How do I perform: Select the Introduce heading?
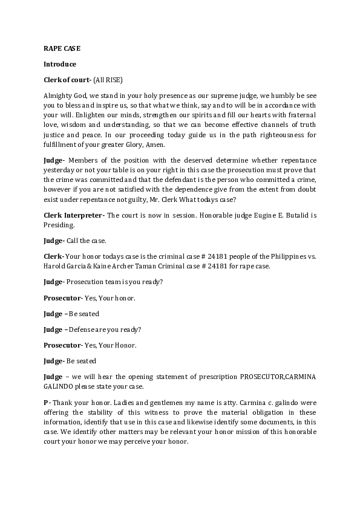click(60, 63)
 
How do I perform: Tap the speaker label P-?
click(47, 403)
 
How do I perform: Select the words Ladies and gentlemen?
click(136, 403)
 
